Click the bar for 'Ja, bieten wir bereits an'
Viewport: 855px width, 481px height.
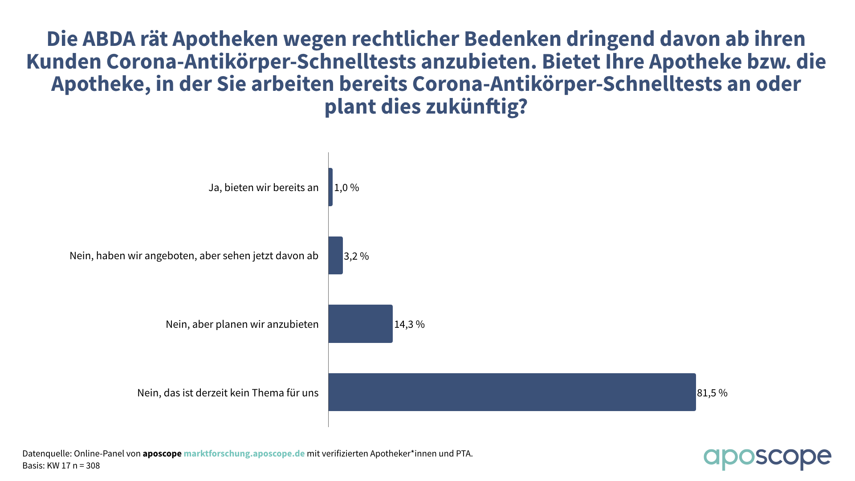[330, 187]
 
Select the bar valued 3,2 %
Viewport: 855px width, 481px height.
[336, 256]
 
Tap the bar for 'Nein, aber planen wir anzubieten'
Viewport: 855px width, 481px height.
[361, 324]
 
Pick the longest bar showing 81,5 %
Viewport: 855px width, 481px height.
[512, 392]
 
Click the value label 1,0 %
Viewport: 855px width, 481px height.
[346, 188]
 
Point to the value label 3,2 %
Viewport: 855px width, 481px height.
[356, 256]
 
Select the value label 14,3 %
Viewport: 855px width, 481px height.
[409, 324]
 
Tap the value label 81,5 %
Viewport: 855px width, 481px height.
[712, 393]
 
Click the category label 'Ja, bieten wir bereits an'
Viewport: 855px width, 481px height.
[264, 188]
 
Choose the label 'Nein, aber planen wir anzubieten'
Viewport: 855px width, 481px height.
[242, 324]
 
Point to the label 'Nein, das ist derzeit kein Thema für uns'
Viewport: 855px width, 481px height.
[228, 393]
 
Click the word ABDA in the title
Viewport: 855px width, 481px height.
[109, 39]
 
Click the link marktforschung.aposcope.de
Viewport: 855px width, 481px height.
[244, 453]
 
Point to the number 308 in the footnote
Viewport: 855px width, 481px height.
[93, 466]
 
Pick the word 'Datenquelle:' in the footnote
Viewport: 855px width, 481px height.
[47, 453]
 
